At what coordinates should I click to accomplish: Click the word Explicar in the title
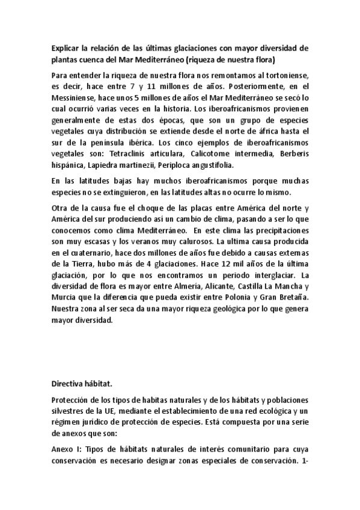pos(66,48)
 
